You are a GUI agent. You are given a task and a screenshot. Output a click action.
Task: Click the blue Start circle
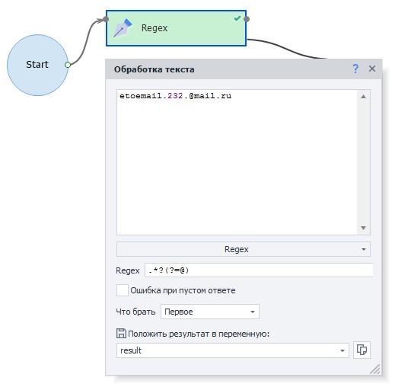[37, 65]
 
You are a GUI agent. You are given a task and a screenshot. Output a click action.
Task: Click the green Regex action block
[176, 28]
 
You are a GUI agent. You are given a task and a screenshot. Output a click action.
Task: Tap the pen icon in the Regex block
[123, 28]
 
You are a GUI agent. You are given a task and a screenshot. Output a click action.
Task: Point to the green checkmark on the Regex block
[237, 18]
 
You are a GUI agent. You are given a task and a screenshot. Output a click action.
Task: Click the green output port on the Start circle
[68, 65]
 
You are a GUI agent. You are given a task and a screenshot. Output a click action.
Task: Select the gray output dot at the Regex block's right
[247, 19]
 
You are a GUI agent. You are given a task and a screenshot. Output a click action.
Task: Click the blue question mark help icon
[355, 69]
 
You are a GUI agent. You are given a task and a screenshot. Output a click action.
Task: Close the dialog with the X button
[372, 69]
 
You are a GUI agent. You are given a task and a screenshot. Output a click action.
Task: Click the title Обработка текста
[154, 69]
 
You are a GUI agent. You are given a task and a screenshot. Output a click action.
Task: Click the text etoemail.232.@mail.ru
[175, 96]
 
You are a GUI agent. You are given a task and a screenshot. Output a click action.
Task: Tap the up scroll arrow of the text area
[363, 96]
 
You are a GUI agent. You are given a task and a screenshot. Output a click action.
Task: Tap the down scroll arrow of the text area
[363, 228]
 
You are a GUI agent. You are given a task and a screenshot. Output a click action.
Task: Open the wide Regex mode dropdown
[243, 249]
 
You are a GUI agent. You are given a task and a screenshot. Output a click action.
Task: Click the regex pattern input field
[259, 270]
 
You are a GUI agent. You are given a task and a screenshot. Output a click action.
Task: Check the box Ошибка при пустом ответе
[123, 290]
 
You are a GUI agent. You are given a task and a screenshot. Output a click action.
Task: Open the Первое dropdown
[210, 312]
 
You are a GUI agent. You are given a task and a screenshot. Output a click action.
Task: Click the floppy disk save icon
[121, 334]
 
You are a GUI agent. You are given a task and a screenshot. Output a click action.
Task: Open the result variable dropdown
[233, 350]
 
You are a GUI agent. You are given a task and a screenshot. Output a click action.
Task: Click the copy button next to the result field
[362, 350]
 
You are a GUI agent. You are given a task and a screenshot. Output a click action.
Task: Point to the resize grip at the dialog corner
[375, 369]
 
